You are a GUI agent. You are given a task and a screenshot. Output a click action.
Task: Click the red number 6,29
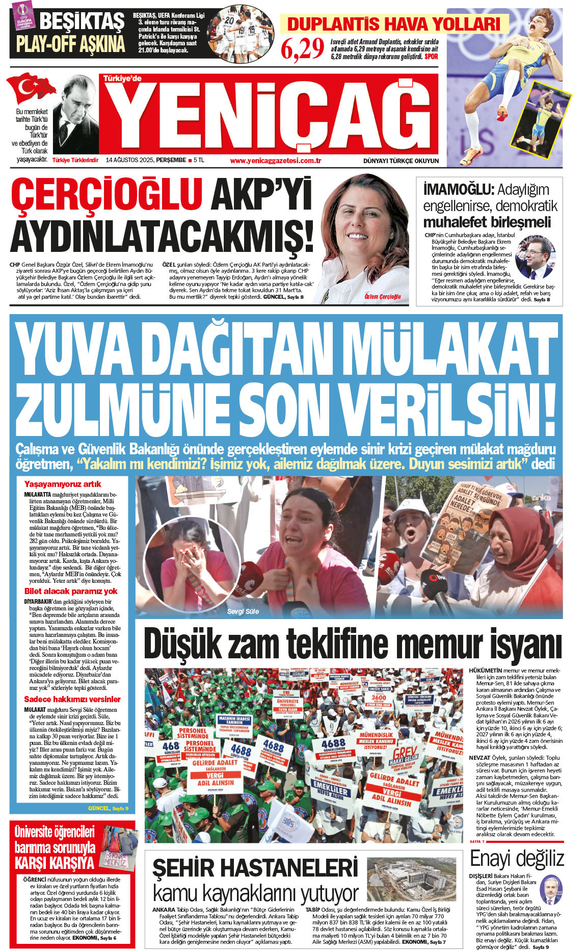pos(303,49)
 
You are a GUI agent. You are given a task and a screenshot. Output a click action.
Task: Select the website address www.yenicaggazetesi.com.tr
pos(275,161)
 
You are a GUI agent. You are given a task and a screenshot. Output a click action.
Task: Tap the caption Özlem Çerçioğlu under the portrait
pos(383,296)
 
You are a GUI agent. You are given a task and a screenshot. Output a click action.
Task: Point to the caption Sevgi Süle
pos(243,611)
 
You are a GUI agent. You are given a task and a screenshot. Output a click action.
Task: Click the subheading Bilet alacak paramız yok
pos(71,592)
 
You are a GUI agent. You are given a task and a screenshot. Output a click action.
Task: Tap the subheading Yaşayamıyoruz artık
pos(63,484)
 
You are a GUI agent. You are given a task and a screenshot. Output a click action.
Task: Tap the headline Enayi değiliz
pos(517,859)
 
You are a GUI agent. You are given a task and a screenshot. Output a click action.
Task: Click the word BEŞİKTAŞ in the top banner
pos(82,21)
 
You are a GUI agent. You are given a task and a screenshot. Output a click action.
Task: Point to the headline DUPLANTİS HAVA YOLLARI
pos(394,24)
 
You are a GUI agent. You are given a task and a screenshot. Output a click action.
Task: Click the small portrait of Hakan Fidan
pos(550,890)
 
